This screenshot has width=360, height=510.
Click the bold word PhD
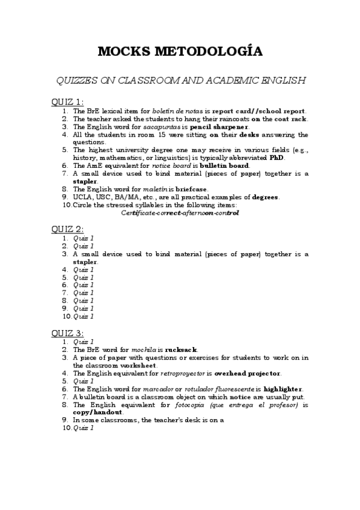click(x=276, y=158)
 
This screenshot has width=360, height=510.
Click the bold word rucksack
click(x=181, y=349)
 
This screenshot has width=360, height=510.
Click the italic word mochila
click(x=144, y=349)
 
